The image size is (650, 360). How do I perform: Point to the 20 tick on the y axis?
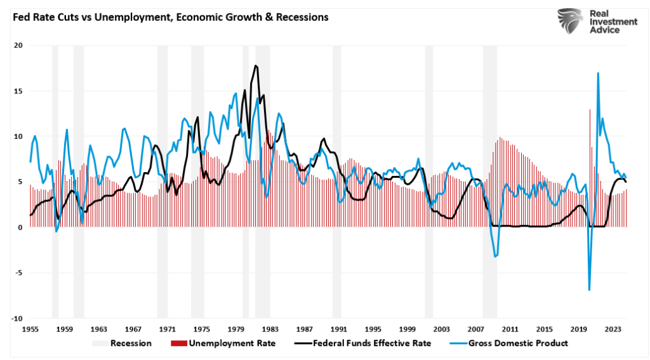[x=18, y=46]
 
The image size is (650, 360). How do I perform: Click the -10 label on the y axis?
[x=17, y=319]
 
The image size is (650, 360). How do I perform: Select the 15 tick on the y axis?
[x=18, y=91]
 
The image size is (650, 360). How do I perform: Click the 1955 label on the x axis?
[x=30, y=330]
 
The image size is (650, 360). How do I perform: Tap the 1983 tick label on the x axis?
[x=270, y=330]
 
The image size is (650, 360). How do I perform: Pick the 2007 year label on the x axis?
[x=476, y=330]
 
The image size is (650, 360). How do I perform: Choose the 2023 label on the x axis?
[x=613, y=330]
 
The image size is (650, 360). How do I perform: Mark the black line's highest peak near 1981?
[x=255, y=65]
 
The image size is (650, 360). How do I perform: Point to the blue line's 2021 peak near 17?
[x=598, y=73]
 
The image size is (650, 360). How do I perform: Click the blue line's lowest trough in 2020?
[x=590, y=290]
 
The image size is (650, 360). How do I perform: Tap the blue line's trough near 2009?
[x=495, y=257]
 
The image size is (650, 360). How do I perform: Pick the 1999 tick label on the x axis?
[x=408, y=330]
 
